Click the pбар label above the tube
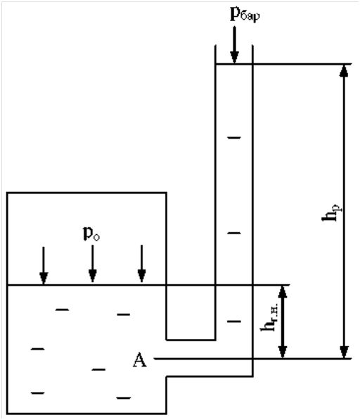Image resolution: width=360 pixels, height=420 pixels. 245,15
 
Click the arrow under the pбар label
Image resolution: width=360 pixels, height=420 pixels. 234,45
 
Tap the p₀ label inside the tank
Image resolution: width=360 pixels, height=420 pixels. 91,234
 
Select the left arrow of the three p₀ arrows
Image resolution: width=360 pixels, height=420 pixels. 44,265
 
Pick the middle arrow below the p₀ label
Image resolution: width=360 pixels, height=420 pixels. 92,264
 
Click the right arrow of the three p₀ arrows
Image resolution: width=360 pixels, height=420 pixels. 141,264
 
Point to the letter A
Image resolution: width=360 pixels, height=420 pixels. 139,360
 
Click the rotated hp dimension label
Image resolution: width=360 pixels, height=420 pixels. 332,213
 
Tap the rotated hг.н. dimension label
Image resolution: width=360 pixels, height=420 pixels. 269,317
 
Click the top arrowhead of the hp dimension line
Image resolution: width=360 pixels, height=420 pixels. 344,71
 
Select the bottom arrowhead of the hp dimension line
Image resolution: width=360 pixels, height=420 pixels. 344,352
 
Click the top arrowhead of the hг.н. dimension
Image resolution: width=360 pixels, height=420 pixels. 283,292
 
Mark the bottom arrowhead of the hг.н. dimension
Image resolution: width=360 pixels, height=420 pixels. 283,352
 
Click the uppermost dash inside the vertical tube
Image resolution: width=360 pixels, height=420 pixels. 234,138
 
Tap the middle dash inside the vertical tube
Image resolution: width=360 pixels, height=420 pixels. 234,234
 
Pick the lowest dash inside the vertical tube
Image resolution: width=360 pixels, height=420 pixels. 234,322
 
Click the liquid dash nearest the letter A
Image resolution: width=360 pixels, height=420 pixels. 98,369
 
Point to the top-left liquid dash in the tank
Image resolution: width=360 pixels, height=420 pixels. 62,310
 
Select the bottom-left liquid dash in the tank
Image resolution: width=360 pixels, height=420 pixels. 38,393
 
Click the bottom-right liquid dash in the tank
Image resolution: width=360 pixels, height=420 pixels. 123,398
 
